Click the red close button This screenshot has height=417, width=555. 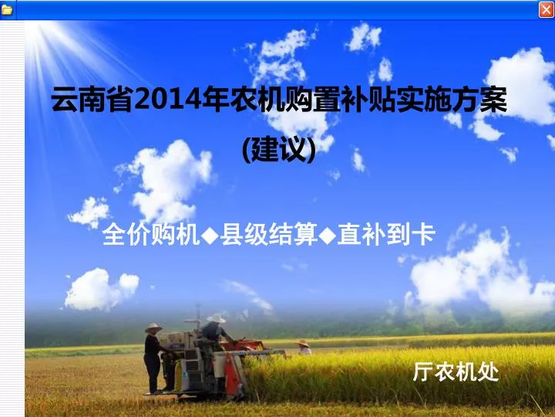click(x=546, y=9)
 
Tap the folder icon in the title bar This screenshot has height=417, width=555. click(x=7, y=10)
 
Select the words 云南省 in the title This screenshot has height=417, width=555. click(x=92, y=100)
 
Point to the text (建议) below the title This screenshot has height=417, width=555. click(x=279, y=150)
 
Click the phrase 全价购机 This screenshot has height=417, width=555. click(x=151, y=234)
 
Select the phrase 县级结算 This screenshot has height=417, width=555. click(x=269, y=234)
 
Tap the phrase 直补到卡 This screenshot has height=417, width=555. click(x=386, y=234)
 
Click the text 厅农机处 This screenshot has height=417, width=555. click(x=456, y=371)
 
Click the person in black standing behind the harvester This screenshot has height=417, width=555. click(x=153, y=358)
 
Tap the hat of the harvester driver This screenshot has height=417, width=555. click(x=216, y=318)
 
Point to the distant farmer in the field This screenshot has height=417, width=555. click(x=304, y=347)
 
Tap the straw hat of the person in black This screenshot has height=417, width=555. click(x=153, y=327)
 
